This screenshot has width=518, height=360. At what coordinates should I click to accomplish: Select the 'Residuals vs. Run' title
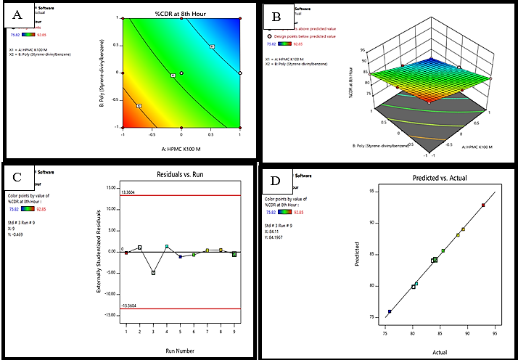178,176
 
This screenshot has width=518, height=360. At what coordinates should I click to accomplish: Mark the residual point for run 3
153,272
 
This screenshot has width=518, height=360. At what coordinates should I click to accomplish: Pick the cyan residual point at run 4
167,247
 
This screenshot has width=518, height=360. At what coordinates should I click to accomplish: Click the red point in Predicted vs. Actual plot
483,205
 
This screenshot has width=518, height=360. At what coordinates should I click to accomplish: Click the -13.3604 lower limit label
109,306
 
